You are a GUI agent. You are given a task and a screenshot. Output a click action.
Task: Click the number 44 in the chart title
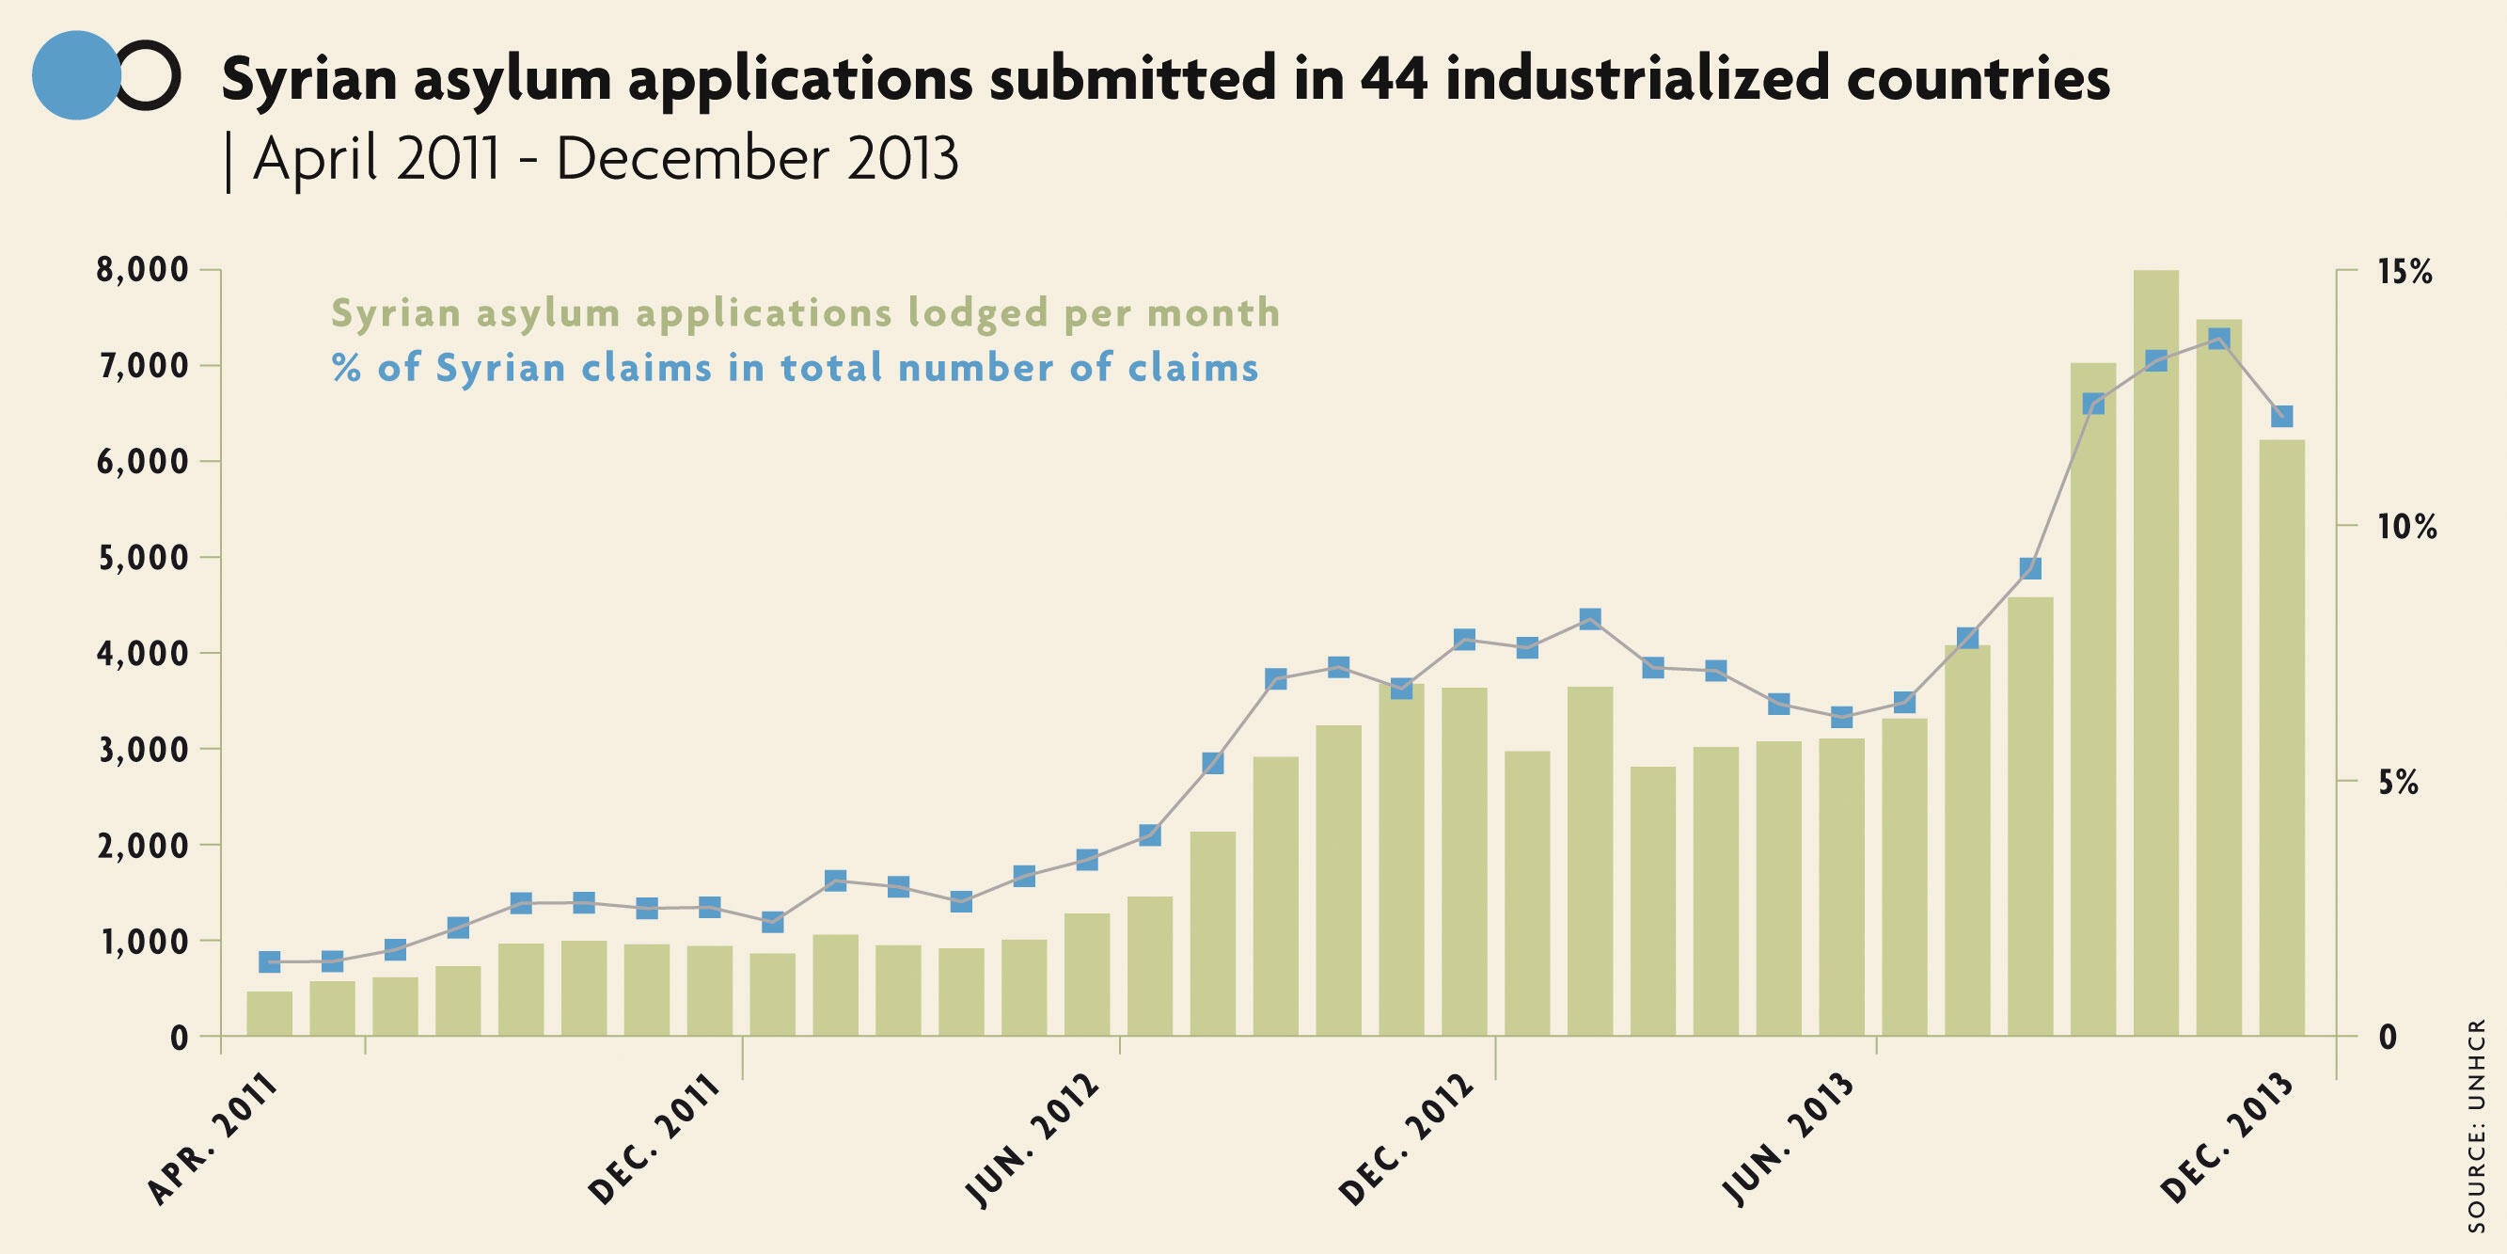click(x=1393, y=79)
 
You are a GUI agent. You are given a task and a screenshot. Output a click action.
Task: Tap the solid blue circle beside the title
click(x=76, y=75)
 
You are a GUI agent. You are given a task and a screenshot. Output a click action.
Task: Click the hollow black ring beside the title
click(x=149, y=75)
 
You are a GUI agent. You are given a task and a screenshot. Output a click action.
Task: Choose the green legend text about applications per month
click(x=805, y=313)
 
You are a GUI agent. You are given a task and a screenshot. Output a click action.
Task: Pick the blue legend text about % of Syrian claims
click(x=795, y=368)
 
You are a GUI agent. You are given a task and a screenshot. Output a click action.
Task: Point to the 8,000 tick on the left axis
click(x=142, y=270)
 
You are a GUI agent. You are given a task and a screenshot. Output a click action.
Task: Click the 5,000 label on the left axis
click(x=142, y=558)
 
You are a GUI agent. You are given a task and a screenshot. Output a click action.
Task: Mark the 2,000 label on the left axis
click(x=142, y=845)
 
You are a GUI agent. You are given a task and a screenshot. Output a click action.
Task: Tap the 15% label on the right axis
click(x=2405, y=272)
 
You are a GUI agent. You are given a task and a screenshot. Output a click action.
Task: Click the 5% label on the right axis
click(x=2398, y=783)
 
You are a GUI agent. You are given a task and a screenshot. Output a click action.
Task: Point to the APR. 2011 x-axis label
click(x=213, y=1140)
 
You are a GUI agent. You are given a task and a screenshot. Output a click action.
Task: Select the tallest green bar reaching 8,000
click(x=2155, y=652)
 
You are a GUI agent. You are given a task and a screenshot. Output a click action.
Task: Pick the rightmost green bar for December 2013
click(x=2281, y=738)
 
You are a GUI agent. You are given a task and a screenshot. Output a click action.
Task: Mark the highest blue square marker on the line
click(x=2219, y=339)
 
